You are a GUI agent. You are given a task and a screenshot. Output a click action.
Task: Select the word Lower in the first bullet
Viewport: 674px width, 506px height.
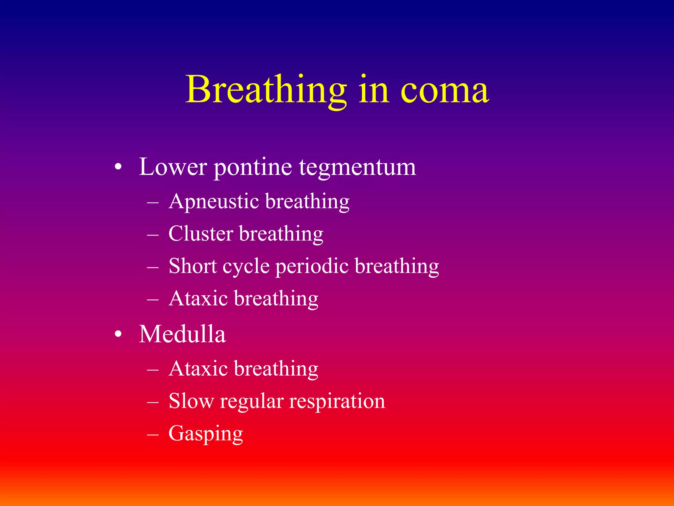173,167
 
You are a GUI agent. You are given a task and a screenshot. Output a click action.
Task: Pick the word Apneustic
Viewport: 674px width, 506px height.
214,202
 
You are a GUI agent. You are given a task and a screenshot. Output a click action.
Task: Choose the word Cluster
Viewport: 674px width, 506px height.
201,234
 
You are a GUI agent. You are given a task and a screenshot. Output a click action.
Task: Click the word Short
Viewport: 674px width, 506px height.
193,266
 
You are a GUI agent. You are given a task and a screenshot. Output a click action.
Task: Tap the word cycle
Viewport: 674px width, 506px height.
246,267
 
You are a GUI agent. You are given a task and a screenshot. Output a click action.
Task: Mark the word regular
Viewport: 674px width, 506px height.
252,402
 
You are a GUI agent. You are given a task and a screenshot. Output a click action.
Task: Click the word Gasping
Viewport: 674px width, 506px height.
206,434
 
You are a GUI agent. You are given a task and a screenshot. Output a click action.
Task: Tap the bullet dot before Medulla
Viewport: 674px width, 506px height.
118,335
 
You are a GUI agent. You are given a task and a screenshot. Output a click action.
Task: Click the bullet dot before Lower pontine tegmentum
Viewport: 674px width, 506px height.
118,167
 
